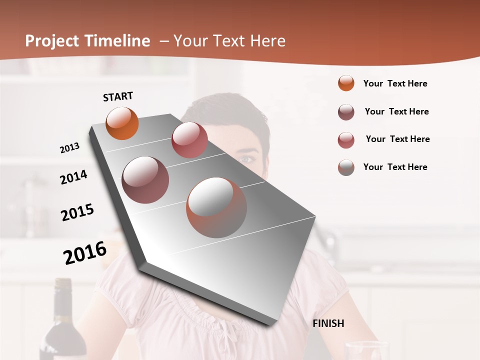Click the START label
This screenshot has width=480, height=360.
118,96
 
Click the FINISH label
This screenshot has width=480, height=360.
328,323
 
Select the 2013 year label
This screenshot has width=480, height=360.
69,147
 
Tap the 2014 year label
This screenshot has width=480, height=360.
73,177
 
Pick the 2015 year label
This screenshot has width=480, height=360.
77,212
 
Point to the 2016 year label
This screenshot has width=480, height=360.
85,253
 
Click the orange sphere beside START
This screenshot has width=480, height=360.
122,123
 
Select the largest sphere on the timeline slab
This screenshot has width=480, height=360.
216,207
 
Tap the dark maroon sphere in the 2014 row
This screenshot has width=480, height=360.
145,179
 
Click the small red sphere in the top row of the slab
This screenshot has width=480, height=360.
189,140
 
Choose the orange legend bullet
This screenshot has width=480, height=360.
346,83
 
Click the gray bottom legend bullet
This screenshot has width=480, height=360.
346,167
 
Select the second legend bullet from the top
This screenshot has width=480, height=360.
346,112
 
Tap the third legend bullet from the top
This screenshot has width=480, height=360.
346,140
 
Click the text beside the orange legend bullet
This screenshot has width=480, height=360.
395,83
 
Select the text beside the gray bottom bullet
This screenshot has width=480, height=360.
395,167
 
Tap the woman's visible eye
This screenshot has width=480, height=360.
246,159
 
